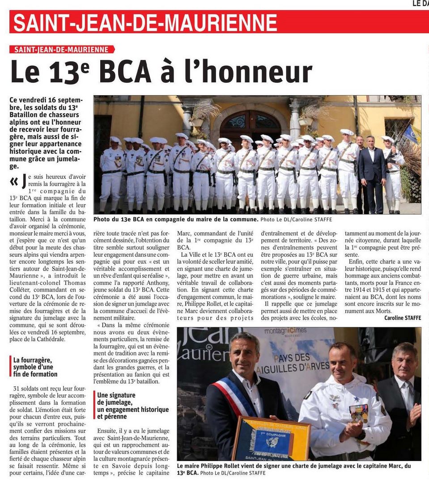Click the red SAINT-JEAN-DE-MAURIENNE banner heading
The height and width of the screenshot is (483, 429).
pos(145,23)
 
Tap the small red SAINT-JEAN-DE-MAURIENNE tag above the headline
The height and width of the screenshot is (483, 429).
pos(61,49)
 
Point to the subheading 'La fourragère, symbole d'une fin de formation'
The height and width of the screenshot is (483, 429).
pos(35,367)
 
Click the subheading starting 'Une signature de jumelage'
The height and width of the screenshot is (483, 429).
pos(127,406)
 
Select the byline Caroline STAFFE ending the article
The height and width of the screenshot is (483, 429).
pos(402,318)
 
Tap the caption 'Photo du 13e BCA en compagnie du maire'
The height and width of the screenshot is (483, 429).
pos(176,220)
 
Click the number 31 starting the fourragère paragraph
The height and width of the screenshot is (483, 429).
pos(18,388)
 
